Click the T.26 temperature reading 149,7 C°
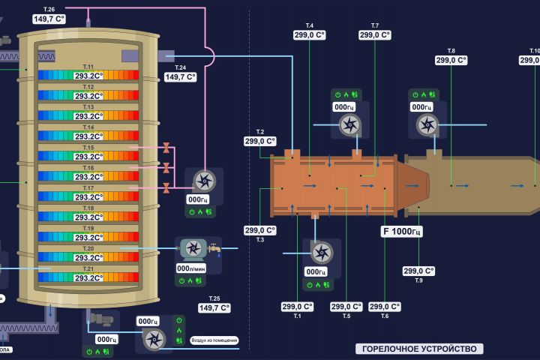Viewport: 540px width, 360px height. click(49, 19)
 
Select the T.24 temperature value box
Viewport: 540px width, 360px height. click(180, 76)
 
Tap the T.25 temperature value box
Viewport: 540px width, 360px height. click(214, 307)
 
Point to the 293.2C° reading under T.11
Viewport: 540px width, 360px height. click(88, 76)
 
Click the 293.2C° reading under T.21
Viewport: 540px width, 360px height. click(88, 277)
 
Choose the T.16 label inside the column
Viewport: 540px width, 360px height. click(88, 168)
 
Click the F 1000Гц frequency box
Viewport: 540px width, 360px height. click(403, 232)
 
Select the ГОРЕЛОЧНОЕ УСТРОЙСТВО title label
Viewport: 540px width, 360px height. click(418, 349)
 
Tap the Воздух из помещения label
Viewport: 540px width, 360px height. click(215, 340)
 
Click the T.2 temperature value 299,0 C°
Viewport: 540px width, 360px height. click(260, 140)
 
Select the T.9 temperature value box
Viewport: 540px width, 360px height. click(418, 271)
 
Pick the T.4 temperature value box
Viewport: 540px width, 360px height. click(310, 34)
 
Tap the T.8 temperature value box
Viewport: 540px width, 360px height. click(451, 60)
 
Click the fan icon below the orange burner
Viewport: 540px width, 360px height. click(321, 252)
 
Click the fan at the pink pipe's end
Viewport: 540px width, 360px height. click(202, 180)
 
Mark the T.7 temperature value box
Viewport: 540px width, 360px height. click(375, 34)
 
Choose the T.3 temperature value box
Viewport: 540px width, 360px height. click(260, 230)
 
